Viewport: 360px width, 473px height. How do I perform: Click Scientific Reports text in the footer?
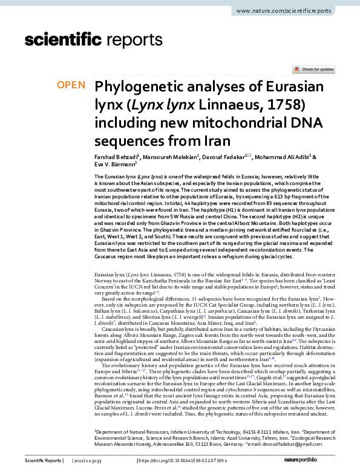pyautogui.click(x=43, y=461)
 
